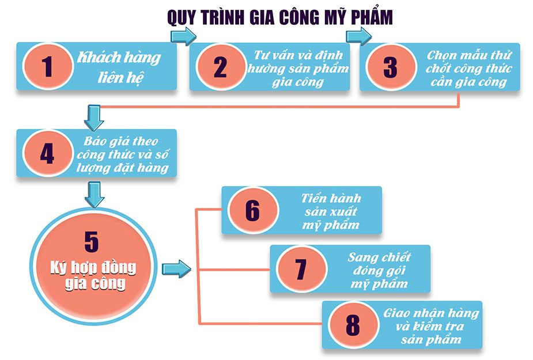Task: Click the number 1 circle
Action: pos(48,67)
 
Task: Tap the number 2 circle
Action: pos(220,67)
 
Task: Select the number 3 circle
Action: pos(390,67)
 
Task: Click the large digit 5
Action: pos(92,240)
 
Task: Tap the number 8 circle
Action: pos(352,324)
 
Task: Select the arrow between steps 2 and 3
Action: pos(358,36)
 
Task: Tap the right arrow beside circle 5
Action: pos(176,268)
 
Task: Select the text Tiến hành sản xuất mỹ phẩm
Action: pos(330,210)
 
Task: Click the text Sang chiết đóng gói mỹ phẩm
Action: pos(379,270)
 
